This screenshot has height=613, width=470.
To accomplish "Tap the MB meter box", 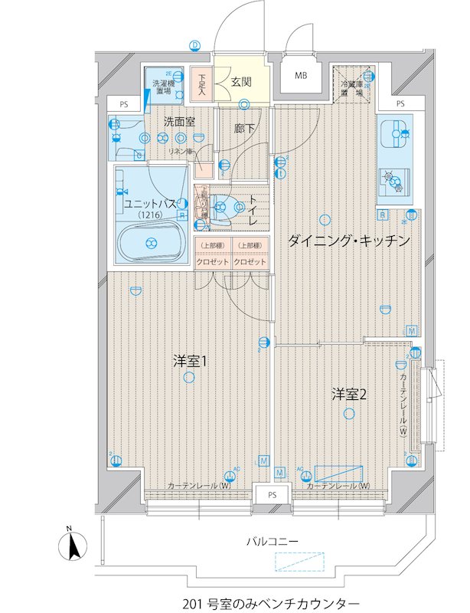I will coord(300,76).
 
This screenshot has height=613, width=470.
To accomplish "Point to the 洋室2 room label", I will coord(349,395).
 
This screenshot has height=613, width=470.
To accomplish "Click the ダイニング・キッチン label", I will coord(349,241).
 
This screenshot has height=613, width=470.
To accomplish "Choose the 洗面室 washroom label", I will coord(179,120).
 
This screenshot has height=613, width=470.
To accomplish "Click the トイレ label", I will coord(253,208).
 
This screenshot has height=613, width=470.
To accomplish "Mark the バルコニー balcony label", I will coord(272,541).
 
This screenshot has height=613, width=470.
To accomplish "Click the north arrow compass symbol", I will coord(70,546).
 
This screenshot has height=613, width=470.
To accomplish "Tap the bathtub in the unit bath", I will coord(150,243).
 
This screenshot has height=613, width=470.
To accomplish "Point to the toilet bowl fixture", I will coord(223,206).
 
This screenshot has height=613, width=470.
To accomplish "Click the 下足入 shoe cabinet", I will coord(201,84).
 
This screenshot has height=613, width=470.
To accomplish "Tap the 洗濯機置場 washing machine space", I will coord(163,86).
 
